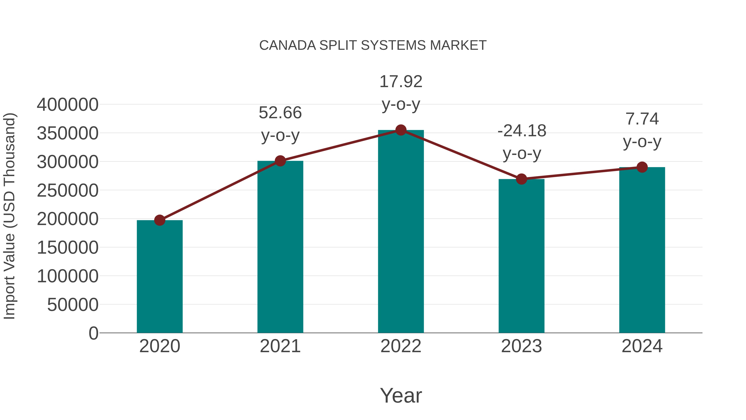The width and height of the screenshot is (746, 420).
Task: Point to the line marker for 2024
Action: [642, 167]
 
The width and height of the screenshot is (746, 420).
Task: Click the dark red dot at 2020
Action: [160, 220]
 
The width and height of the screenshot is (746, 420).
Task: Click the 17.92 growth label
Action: [401, 93]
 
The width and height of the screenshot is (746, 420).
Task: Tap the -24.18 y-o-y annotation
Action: [522, 142]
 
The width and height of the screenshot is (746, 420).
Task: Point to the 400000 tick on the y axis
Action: [68, 105]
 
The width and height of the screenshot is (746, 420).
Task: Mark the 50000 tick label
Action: [73, 305]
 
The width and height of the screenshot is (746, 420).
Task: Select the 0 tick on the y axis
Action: [93, 333]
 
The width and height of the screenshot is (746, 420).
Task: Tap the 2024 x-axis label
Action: [642, 346]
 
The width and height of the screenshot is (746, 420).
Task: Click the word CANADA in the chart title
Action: [287, 45]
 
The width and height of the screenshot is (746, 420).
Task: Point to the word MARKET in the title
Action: [458, 45]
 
